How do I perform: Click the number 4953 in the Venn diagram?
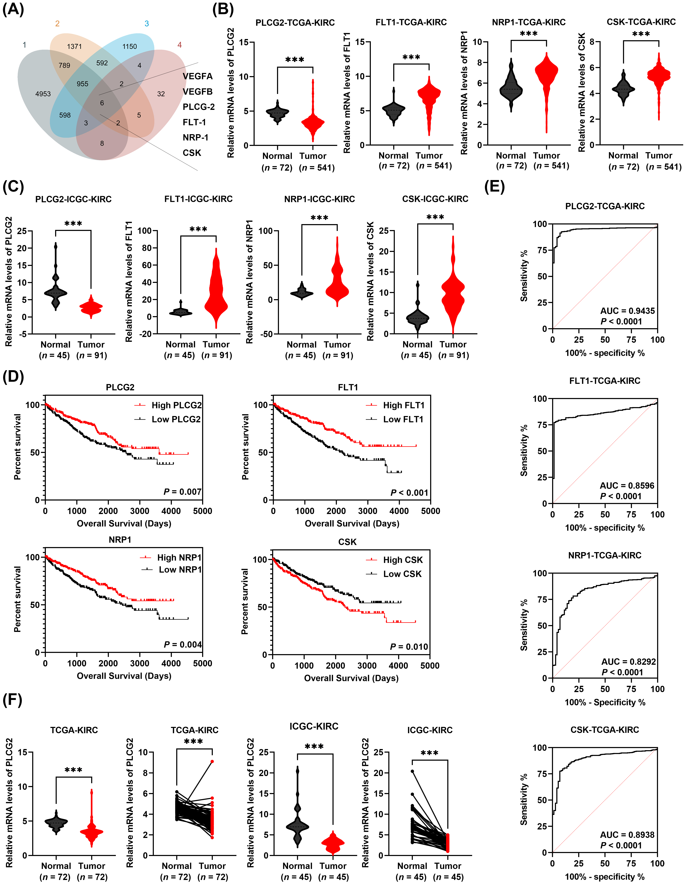point(43,94)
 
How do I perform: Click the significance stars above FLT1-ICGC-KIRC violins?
point(198,230)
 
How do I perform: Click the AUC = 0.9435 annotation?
point(627,311)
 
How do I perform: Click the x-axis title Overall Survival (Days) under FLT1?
point(352,523)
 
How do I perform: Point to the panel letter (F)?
point(12,700)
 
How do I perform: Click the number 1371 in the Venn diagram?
point(75,47)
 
